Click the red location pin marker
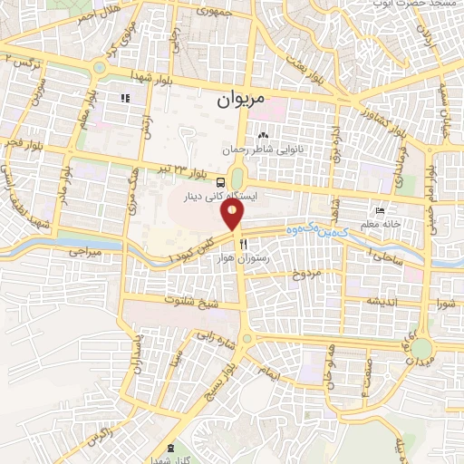point(233,215)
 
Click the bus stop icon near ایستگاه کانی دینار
point(221,182)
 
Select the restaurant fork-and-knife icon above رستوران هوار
point(243,245)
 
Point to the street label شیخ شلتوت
point(186,300)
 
